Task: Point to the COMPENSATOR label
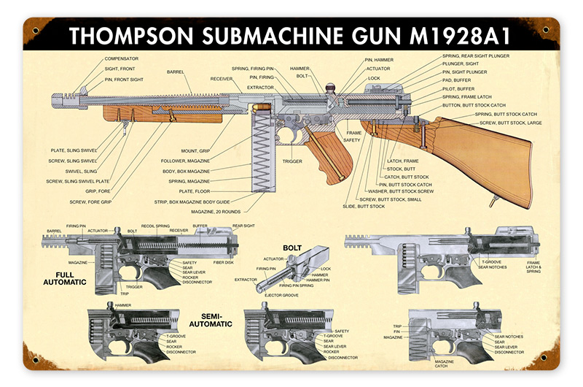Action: click(121, 58)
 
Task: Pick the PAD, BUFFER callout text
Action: click(456, 80)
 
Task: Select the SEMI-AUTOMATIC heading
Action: click(211, 320)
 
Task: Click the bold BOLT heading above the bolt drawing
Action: click(293, 248)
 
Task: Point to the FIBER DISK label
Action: click(223, 262)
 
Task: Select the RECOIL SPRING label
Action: click(155, 227)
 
